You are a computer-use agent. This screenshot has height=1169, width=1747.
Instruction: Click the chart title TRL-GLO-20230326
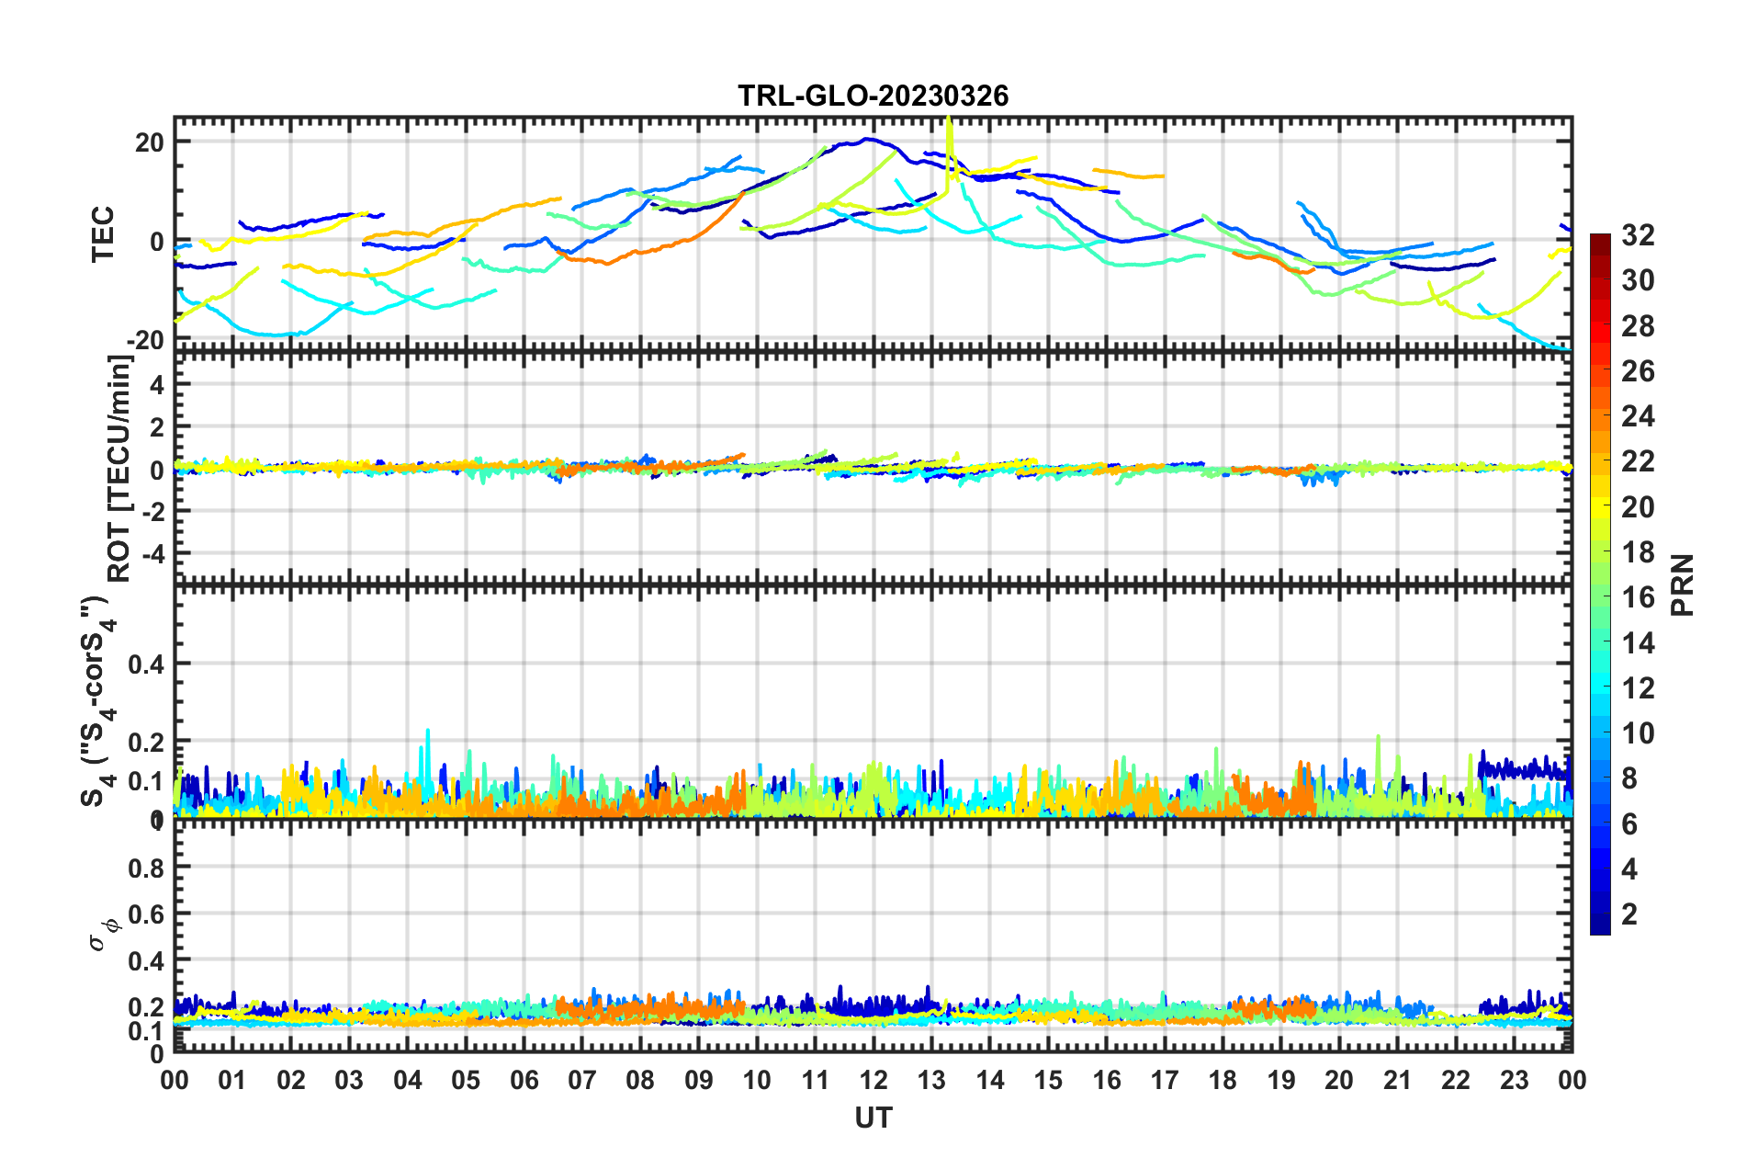[873, 96]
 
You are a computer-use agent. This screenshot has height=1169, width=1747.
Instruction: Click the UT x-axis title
[873, 1118]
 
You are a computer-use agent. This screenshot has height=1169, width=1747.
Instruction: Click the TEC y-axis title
[103, 233]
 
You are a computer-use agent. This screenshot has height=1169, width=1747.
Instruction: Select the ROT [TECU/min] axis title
[119, 469]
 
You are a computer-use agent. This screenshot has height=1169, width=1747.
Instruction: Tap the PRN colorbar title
[1683, 584]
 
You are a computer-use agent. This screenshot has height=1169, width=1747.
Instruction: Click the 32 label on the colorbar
[1638, 235]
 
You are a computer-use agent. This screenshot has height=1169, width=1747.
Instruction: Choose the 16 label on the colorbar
[1638, 597]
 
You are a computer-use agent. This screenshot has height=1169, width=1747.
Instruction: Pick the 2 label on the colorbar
[1629, 914]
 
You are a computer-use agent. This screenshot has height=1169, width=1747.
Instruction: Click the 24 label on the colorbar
[1638, 416]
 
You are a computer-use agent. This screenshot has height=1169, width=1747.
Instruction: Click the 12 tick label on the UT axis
[873, 1079]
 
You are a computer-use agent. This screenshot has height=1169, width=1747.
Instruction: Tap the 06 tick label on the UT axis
[524, 1079]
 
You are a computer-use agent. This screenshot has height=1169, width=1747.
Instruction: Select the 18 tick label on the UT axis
[1223, 1079]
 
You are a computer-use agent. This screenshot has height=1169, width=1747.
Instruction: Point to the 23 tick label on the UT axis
[1514, 1079]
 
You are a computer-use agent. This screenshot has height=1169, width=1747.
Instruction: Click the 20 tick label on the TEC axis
[149, 142]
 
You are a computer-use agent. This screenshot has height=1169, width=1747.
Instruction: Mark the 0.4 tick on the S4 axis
[145, 664]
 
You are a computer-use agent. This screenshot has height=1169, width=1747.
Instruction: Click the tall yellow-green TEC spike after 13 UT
[950, 138]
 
